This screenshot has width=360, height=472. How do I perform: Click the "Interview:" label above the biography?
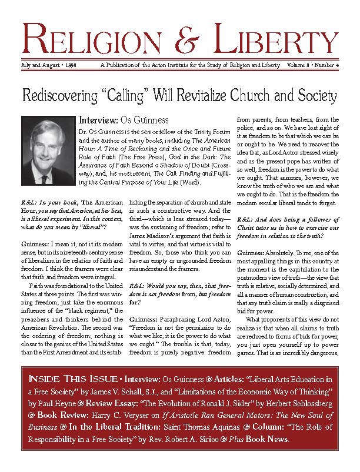click(x=97, y=120)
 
